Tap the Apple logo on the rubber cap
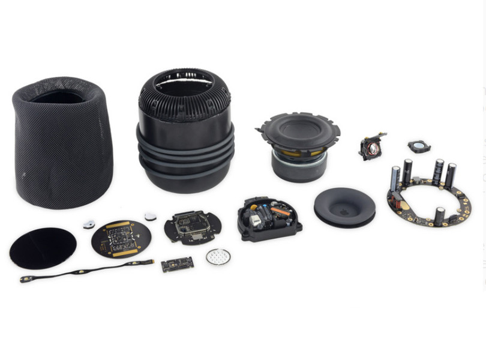coord(344,212)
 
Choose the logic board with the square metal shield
coord(193,226)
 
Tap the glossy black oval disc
coord(43,248)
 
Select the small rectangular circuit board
coord(177,264)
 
